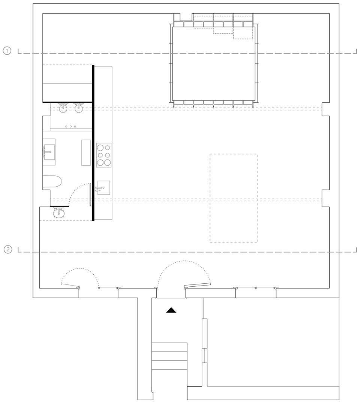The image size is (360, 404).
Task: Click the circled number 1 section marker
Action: pos(7,51)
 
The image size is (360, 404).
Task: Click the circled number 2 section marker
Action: pos(8,249)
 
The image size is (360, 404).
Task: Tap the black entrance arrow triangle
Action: pos(171,310)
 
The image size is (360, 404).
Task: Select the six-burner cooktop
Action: pos(103,155)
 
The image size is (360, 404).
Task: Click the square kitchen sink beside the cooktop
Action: pos(103,187)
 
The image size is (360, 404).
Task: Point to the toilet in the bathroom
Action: pos(52,182)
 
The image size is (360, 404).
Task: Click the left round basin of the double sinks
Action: pos(63,108)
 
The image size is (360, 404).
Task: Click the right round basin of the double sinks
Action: pos(79,108)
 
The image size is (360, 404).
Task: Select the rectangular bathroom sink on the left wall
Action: pos(49,152)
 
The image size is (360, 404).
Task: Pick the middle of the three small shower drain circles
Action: pos(70,127)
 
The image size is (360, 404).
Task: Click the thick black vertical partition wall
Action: pos(93,143)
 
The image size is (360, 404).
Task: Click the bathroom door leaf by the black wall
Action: pos(90,194)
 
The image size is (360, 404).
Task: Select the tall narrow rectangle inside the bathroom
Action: pos(86,153)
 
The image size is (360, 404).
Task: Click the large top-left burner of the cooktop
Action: pos(100,148)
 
